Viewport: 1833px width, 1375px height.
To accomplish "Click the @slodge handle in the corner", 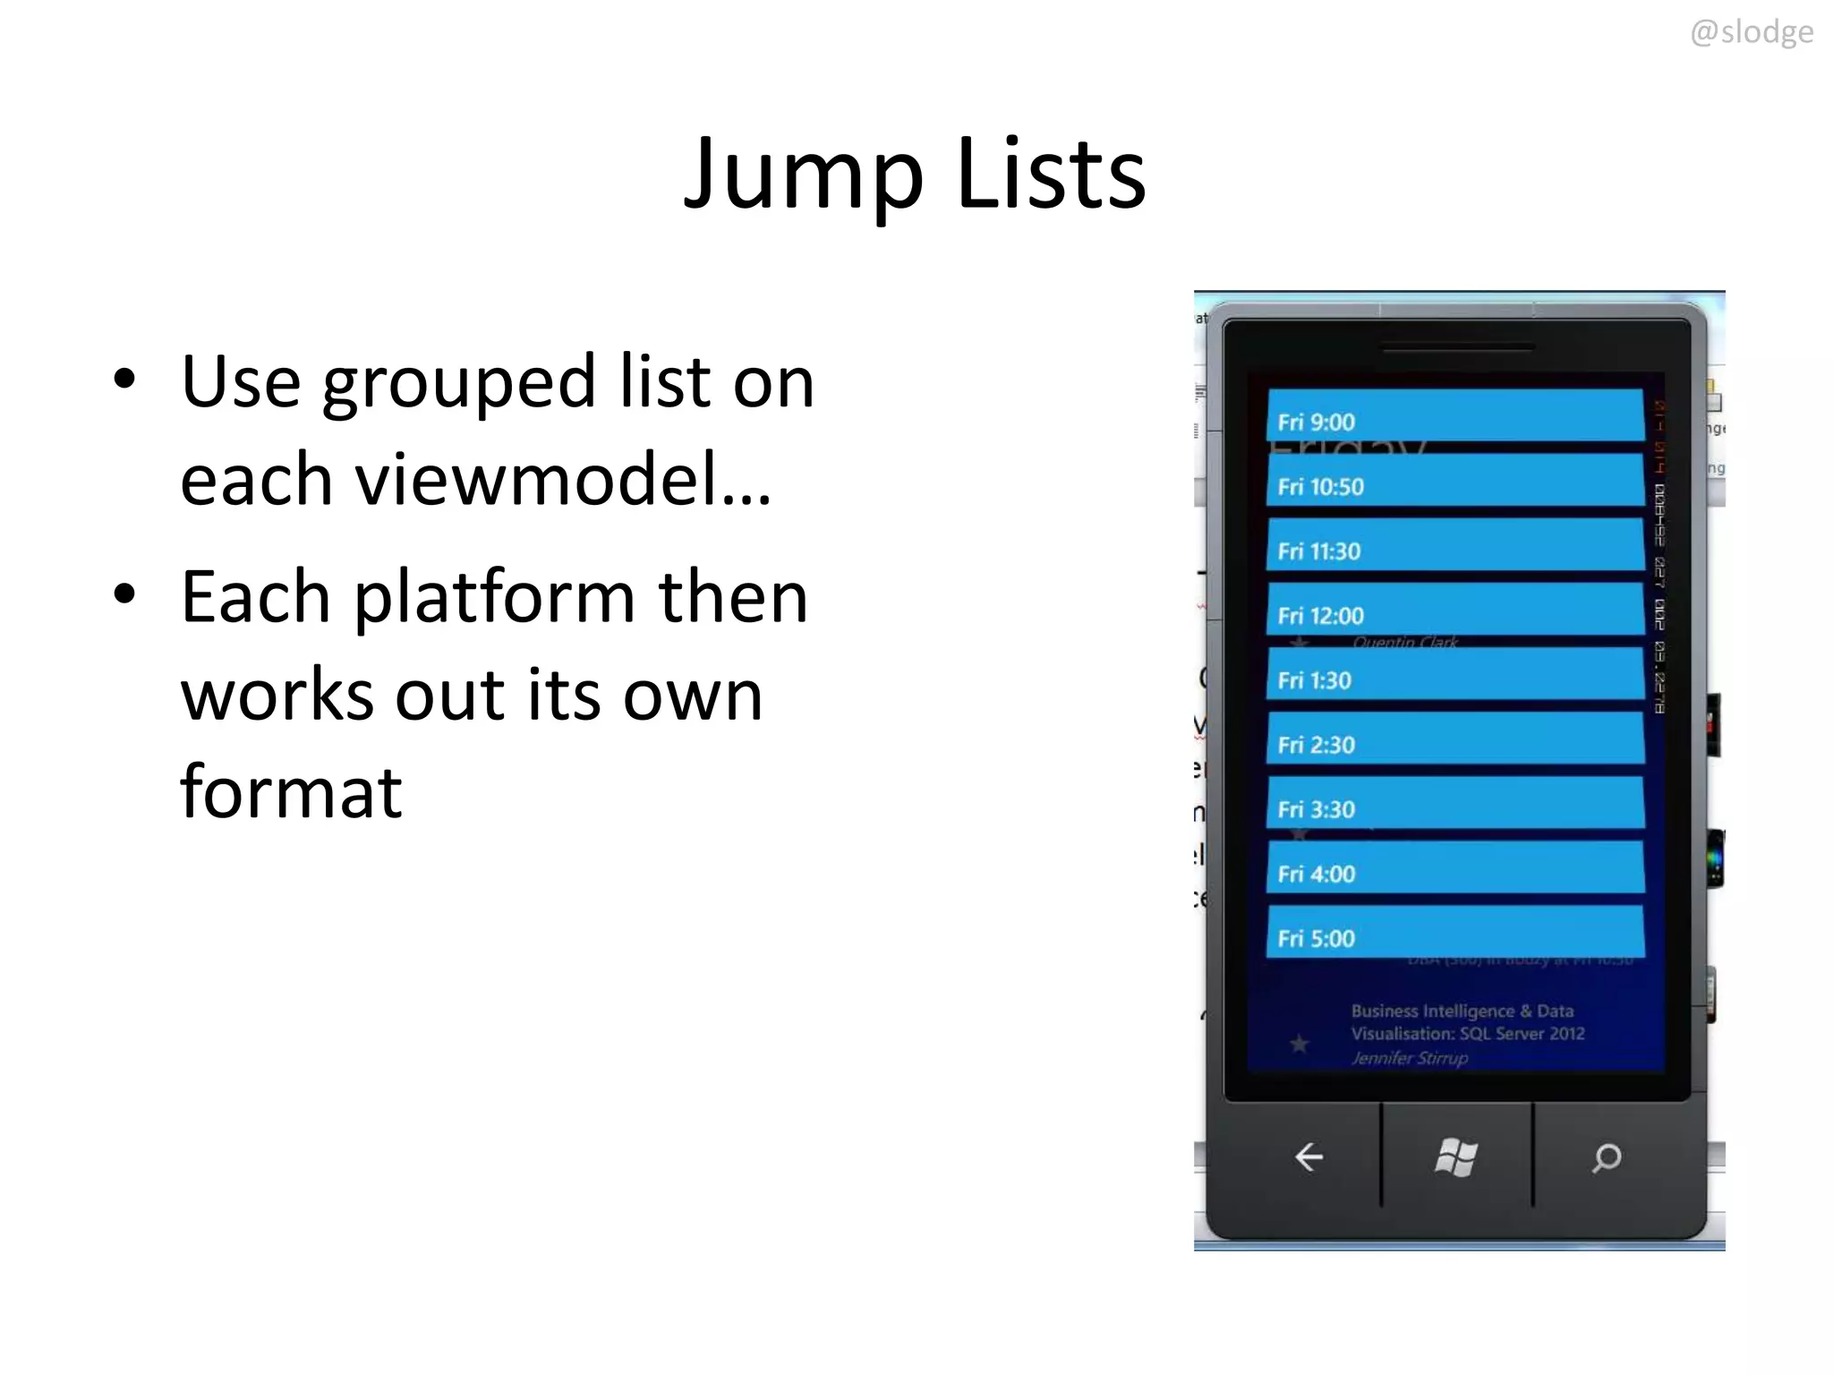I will coord(1751,32).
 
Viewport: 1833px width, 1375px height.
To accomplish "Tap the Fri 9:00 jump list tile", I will coord(1455,415).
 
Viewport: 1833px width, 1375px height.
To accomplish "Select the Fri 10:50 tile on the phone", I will coord(1455,481).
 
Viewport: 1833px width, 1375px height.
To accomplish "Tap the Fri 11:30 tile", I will coord(1455,545).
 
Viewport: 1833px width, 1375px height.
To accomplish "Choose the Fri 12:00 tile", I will coord(1455,610).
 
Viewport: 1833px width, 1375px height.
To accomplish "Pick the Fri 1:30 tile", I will coord(1455,674).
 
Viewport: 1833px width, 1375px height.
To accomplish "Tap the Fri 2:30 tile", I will coord(1455,739).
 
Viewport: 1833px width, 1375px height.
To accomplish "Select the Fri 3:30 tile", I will coord(1455,803).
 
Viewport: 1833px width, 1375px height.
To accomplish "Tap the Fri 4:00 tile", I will coord(1455,867).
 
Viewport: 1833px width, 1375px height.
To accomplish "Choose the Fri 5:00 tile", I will coord(1455,932).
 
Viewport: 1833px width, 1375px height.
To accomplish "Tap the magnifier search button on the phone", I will coord(1607,1157).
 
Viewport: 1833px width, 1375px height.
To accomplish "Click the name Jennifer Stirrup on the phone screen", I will coord(1409,1058).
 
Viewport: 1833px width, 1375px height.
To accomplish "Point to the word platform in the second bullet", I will coord(495,597).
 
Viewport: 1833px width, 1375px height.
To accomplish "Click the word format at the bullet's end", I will coord(291,792).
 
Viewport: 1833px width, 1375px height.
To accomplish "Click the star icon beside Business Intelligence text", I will coord(1300,1044).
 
